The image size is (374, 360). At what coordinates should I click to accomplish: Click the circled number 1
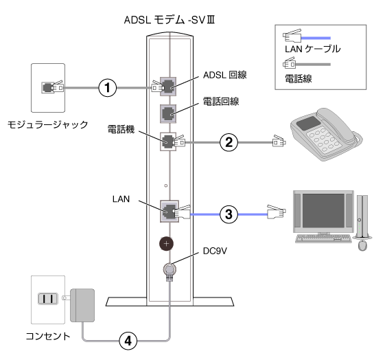click(x=108, y=88)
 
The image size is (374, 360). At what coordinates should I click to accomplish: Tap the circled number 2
click(x=229, y=142)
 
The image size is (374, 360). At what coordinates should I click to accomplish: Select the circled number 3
click(x=229, y=214)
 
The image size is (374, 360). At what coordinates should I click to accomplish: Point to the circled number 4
click(x=128, y=341)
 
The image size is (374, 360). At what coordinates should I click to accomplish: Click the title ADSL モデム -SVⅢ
click(x=170, y=20)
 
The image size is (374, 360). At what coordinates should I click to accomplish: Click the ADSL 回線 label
click(x=225, y=75)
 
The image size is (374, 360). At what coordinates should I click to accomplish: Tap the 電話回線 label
click(x=221, y=102)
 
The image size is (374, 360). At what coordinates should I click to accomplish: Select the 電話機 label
click(x=121, y=129)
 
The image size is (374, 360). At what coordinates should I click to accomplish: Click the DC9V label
click(x=215, y=251)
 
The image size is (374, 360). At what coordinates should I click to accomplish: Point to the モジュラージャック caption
click(x=48, y=124)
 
